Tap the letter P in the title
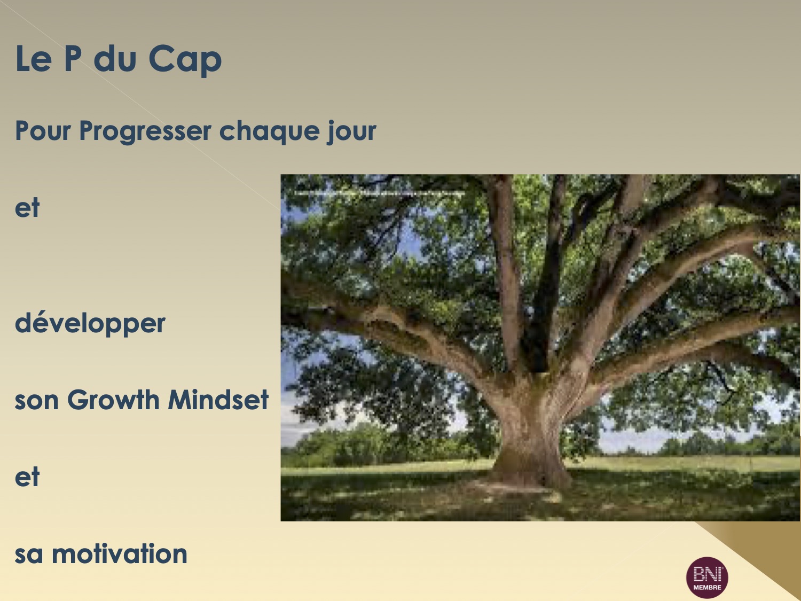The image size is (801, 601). click(73, 58)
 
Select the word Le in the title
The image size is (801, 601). click(33, 58)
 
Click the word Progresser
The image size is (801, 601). click(145, 131)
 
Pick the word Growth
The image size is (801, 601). click(113, 400)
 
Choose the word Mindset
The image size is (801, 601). click(218, 400)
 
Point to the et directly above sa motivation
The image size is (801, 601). click(27, 478)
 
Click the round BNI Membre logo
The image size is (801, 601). click(707, 577)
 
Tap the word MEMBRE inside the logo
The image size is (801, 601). click(707, 588)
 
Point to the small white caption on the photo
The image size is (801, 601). click(380, 193)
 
